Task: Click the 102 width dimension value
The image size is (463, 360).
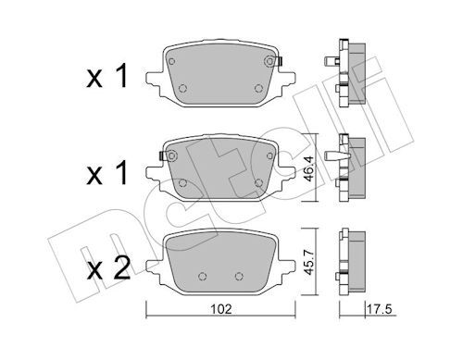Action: point(221,309)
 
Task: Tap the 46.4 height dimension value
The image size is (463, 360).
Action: point(309,168)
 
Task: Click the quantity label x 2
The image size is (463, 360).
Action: point(107,268)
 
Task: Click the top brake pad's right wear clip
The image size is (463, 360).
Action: point(280,61)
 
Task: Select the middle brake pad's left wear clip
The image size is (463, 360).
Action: point(162,155)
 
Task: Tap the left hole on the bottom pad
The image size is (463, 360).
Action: point(202,276)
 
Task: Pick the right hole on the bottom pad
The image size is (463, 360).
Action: point(239,276)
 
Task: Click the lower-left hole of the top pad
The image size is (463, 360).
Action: point(182,89)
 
